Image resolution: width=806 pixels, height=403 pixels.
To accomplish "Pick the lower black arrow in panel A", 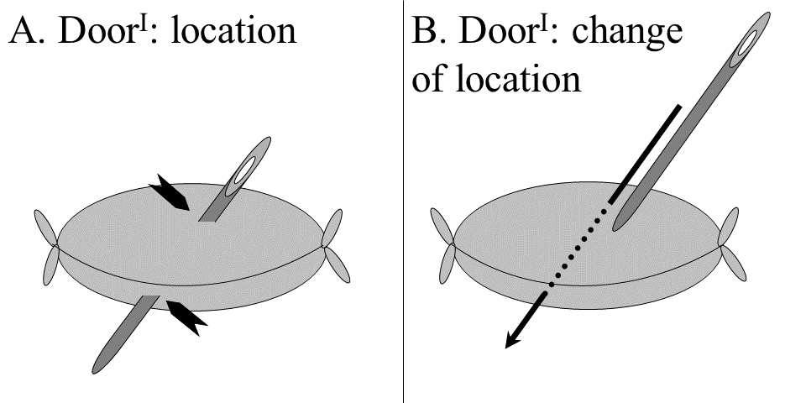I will [x=186, y=317].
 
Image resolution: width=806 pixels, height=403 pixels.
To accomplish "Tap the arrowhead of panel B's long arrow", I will [x=509, y=340].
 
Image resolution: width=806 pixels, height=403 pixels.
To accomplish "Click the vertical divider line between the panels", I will [x=404, y=252].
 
